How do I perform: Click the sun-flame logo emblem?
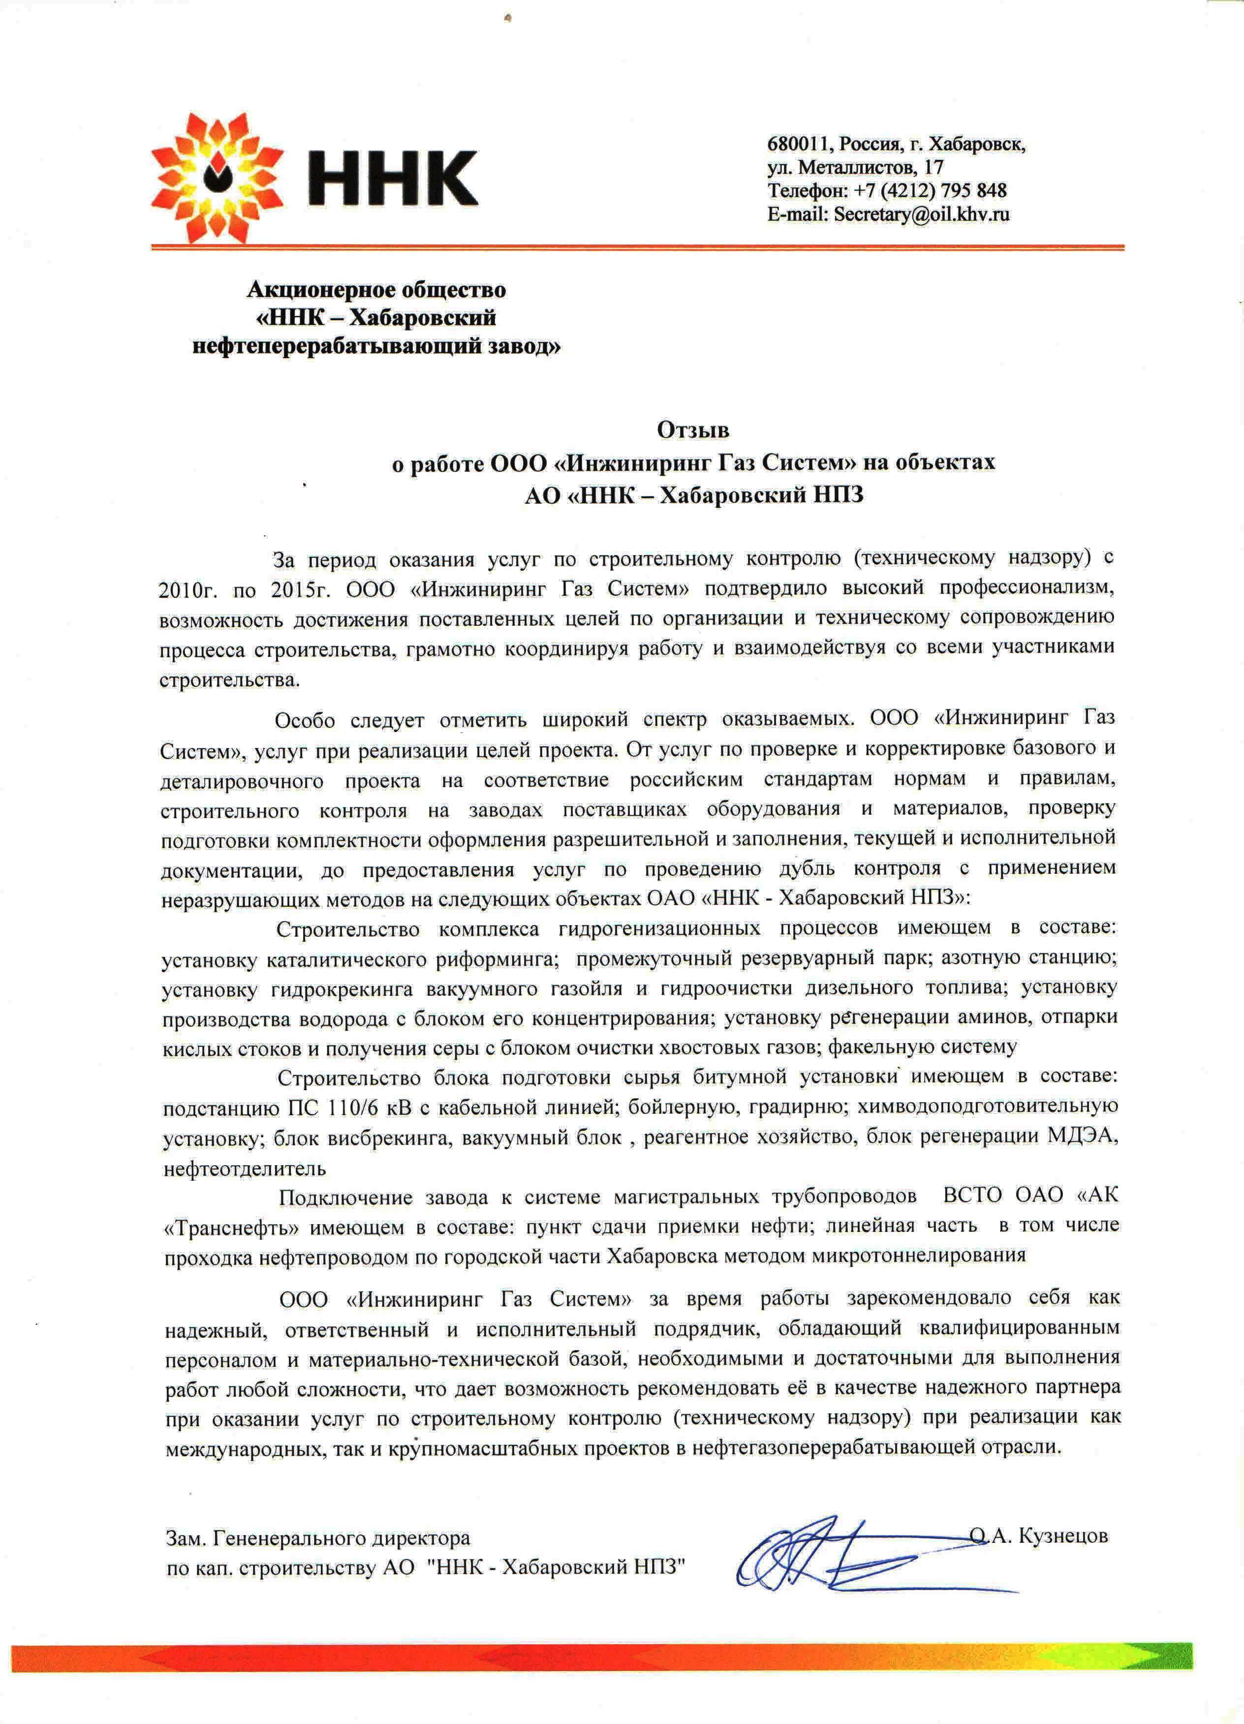coord(215,176)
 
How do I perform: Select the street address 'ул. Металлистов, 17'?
coord(855,167)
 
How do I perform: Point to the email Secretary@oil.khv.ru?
coord(922,215)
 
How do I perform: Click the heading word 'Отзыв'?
coord(693,430)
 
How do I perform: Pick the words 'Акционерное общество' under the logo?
coord(376,290)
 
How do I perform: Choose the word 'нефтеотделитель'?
coord(245,1168)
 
